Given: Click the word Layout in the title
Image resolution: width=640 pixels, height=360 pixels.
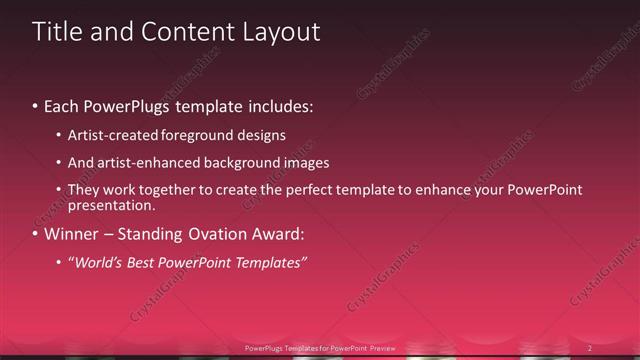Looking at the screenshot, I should click(280, 32).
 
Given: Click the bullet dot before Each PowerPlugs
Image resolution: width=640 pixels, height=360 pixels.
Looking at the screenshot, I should click(36, 105).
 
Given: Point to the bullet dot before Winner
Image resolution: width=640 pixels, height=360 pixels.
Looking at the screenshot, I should click(36, 236).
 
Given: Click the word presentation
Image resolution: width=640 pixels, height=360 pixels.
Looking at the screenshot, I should click(109, 206).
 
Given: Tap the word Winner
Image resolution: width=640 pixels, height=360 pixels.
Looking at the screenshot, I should click(72, 236).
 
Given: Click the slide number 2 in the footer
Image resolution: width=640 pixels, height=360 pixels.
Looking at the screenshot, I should click(590, 348).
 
